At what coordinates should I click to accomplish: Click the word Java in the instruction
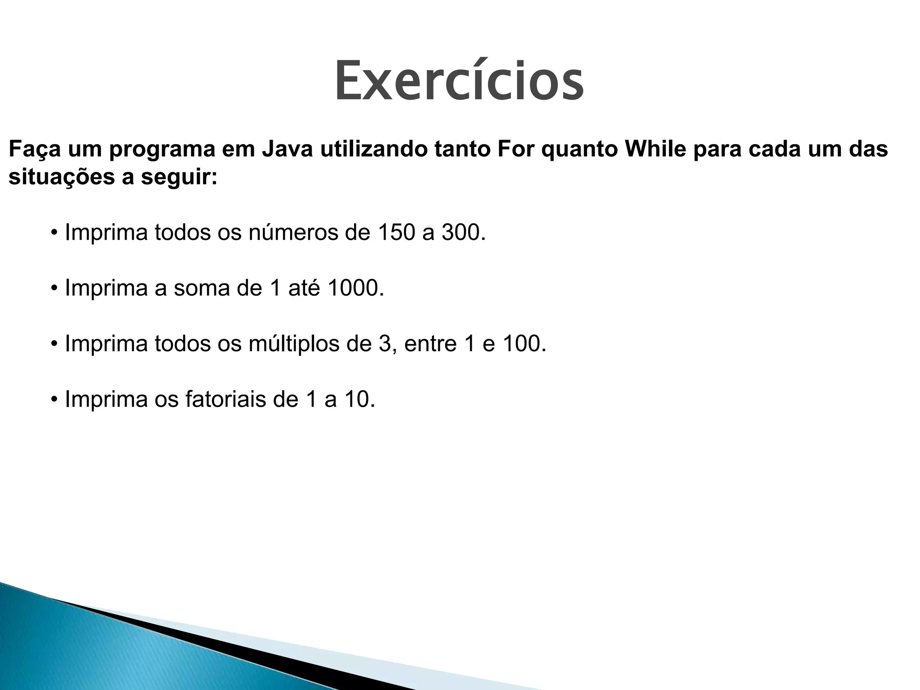click(x=287, y=150)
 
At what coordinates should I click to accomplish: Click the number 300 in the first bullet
click(x=463, y=232)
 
